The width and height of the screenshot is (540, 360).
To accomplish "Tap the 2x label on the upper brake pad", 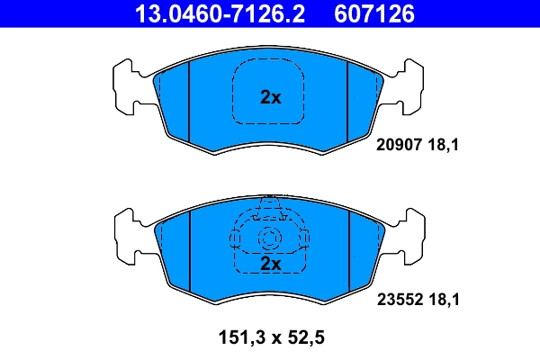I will (x=270, y=97).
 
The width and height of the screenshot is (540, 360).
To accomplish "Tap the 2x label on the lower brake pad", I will (x=270, y=264).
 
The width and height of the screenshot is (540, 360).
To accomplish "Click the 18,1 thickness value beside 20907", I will (x=446, y=142).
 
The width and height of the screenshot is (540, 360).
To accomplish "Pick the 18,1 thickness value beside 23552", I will (x=446, y=303).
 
